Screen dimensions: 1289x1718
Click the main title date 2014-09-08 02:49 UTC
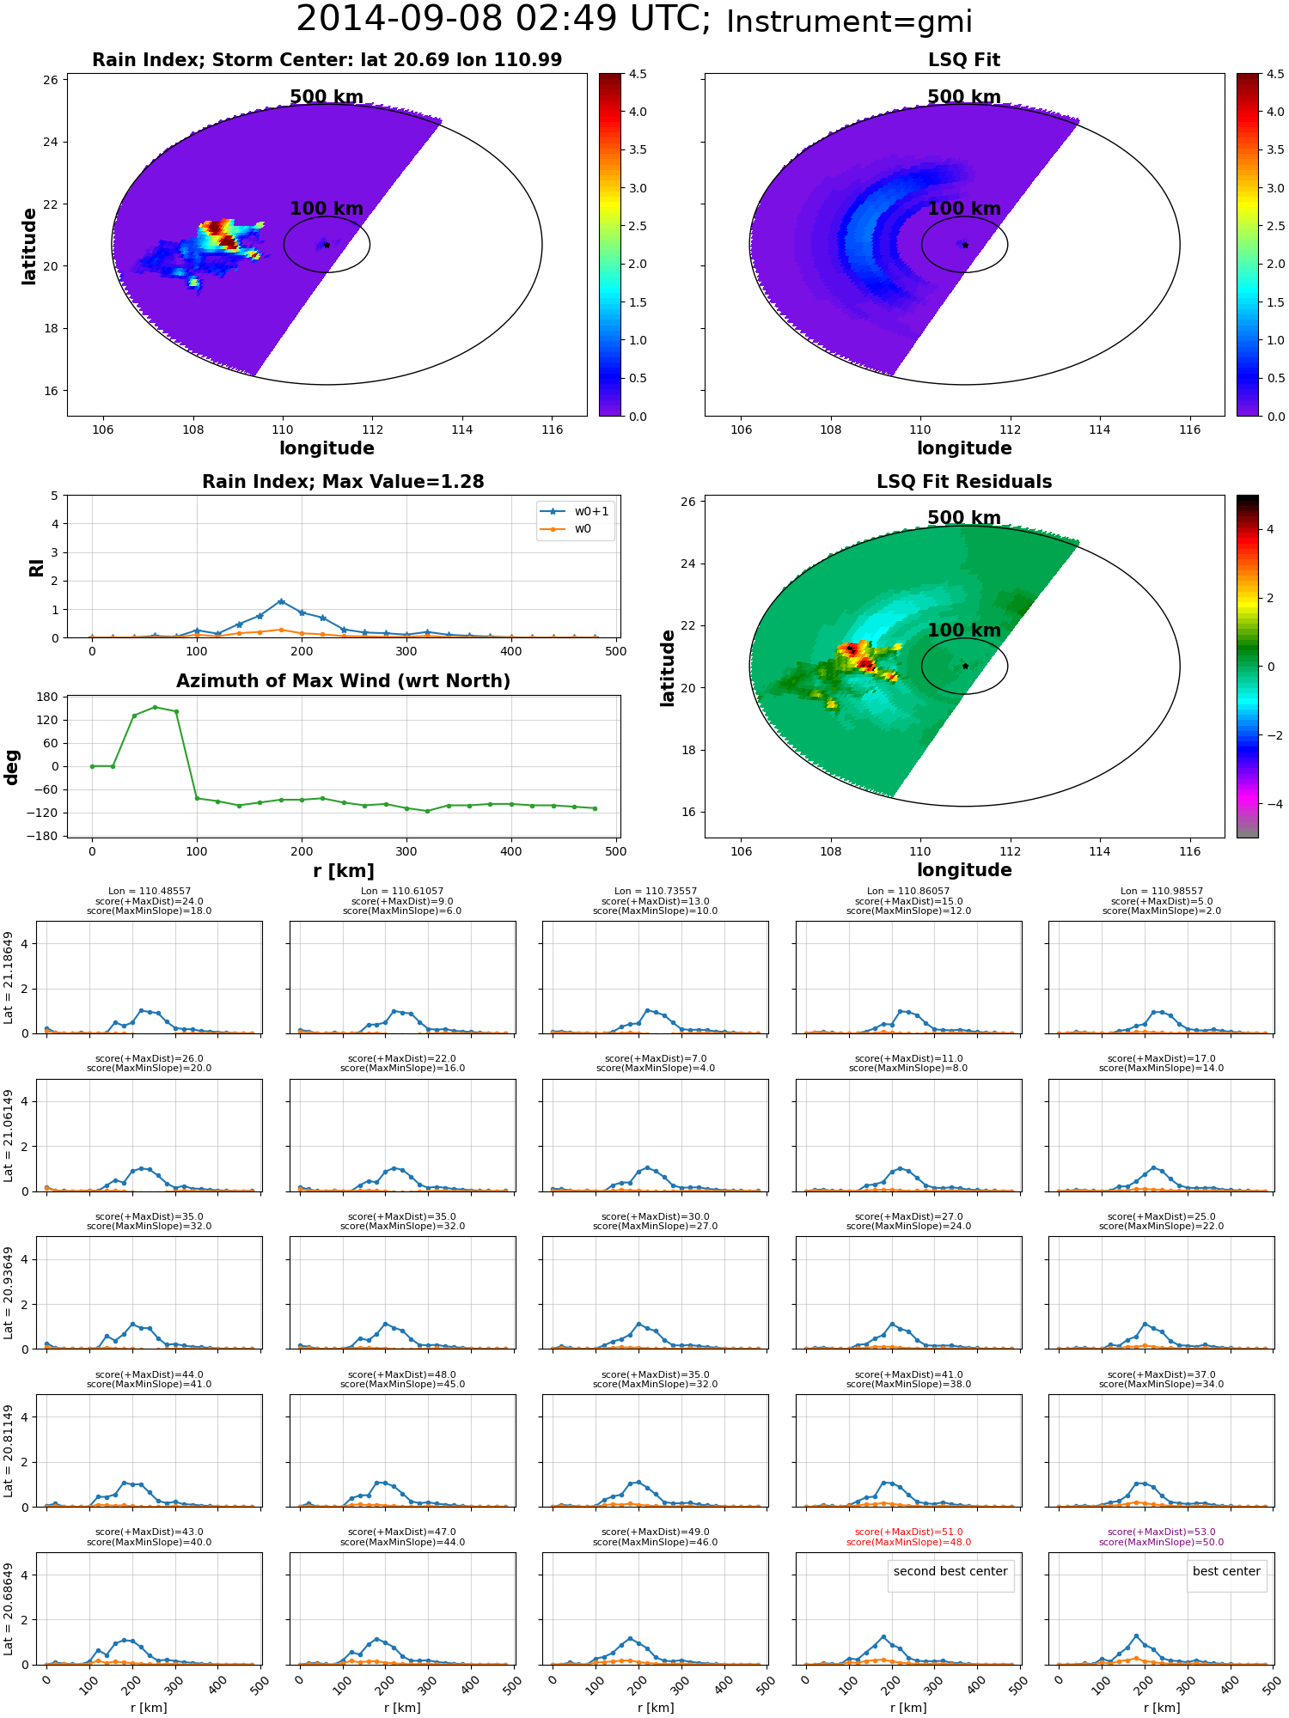(503, 20)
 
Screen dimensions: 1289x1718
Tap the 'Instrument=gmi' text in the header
(849, 22)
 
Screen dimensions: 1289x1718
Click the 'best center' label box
(1226, 1571)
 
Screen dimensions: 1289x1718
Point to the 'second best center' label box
(950, 1571)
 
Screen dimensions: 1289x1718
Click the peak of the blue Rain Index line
(281, 601)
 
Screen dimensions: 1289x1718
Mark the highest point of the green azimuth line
(155, 707)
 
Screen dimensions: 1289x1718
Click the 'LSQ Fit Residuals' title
(964, 482)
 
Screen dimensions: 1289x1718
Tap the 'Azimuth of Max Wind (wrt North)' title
(343, 681)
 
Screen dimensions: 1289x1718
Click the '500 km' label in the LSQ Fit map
(964, 97)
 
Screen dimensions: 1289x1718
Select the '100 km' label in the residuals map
(964, 631)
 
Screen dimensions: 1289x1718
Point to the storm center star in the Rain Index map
(327, 245)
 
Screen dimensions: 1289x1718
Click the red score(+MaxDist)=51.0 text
(908, 1532)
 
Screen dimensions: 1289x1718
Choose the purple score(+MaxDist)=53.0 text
(1161, 1532)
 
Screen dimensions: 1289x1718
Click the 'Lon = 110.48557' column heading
(150, 892)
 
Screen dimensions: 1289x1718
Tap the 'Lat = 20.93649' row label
(9, 1293)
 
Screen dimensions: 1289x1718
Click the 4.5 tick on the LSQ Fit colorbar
(1275, 74)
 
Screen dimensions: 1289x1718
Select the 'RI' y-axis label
(36, 567)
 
